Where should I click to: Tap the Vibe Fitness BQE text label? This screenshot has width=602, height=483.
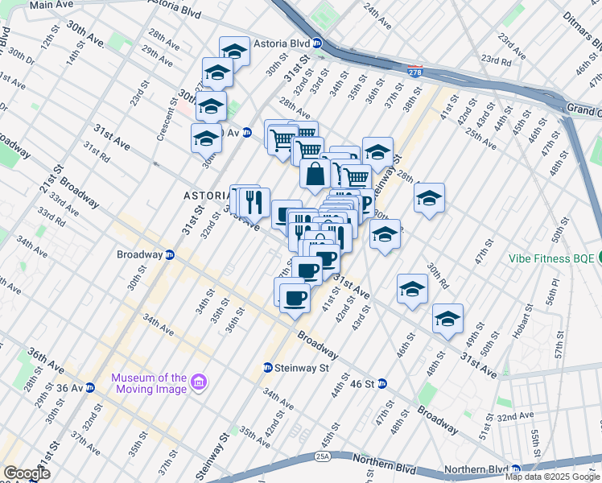click(x=550, y=258)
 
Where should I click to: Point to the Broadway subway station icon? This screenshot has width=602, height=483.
click(x=170, y=254)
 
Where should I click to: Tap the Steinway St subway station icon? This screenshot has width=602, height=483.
click(x=268, y=368)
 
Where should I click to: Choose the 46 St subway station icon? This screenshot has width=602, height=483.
click(x=382, y=384)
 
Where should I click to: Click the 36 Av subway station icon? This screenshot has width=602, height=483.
click(x=90, y=387)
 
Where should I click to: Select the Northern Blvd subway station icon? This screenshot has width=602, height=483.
click(x=515, y=469)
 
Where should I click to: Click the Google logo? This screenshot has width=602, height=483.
click(x=27, y=473)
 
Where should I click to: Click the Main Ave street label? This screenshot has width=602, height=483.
click(x=51, y=5)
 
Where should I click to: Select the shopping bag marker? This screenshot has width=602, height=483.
click(x=315, y=173)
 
